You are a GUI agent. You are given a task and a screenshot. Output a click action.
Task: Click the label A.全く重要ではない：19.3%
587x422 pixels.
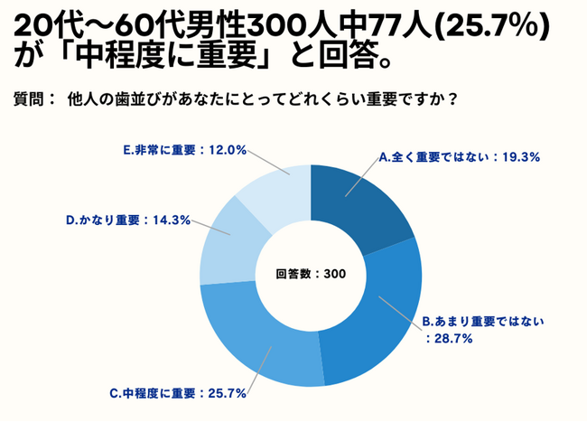click(459, 156)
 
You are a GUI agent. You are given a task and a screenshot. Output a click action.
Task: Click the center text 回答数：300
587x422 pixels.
click(310, 273)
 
